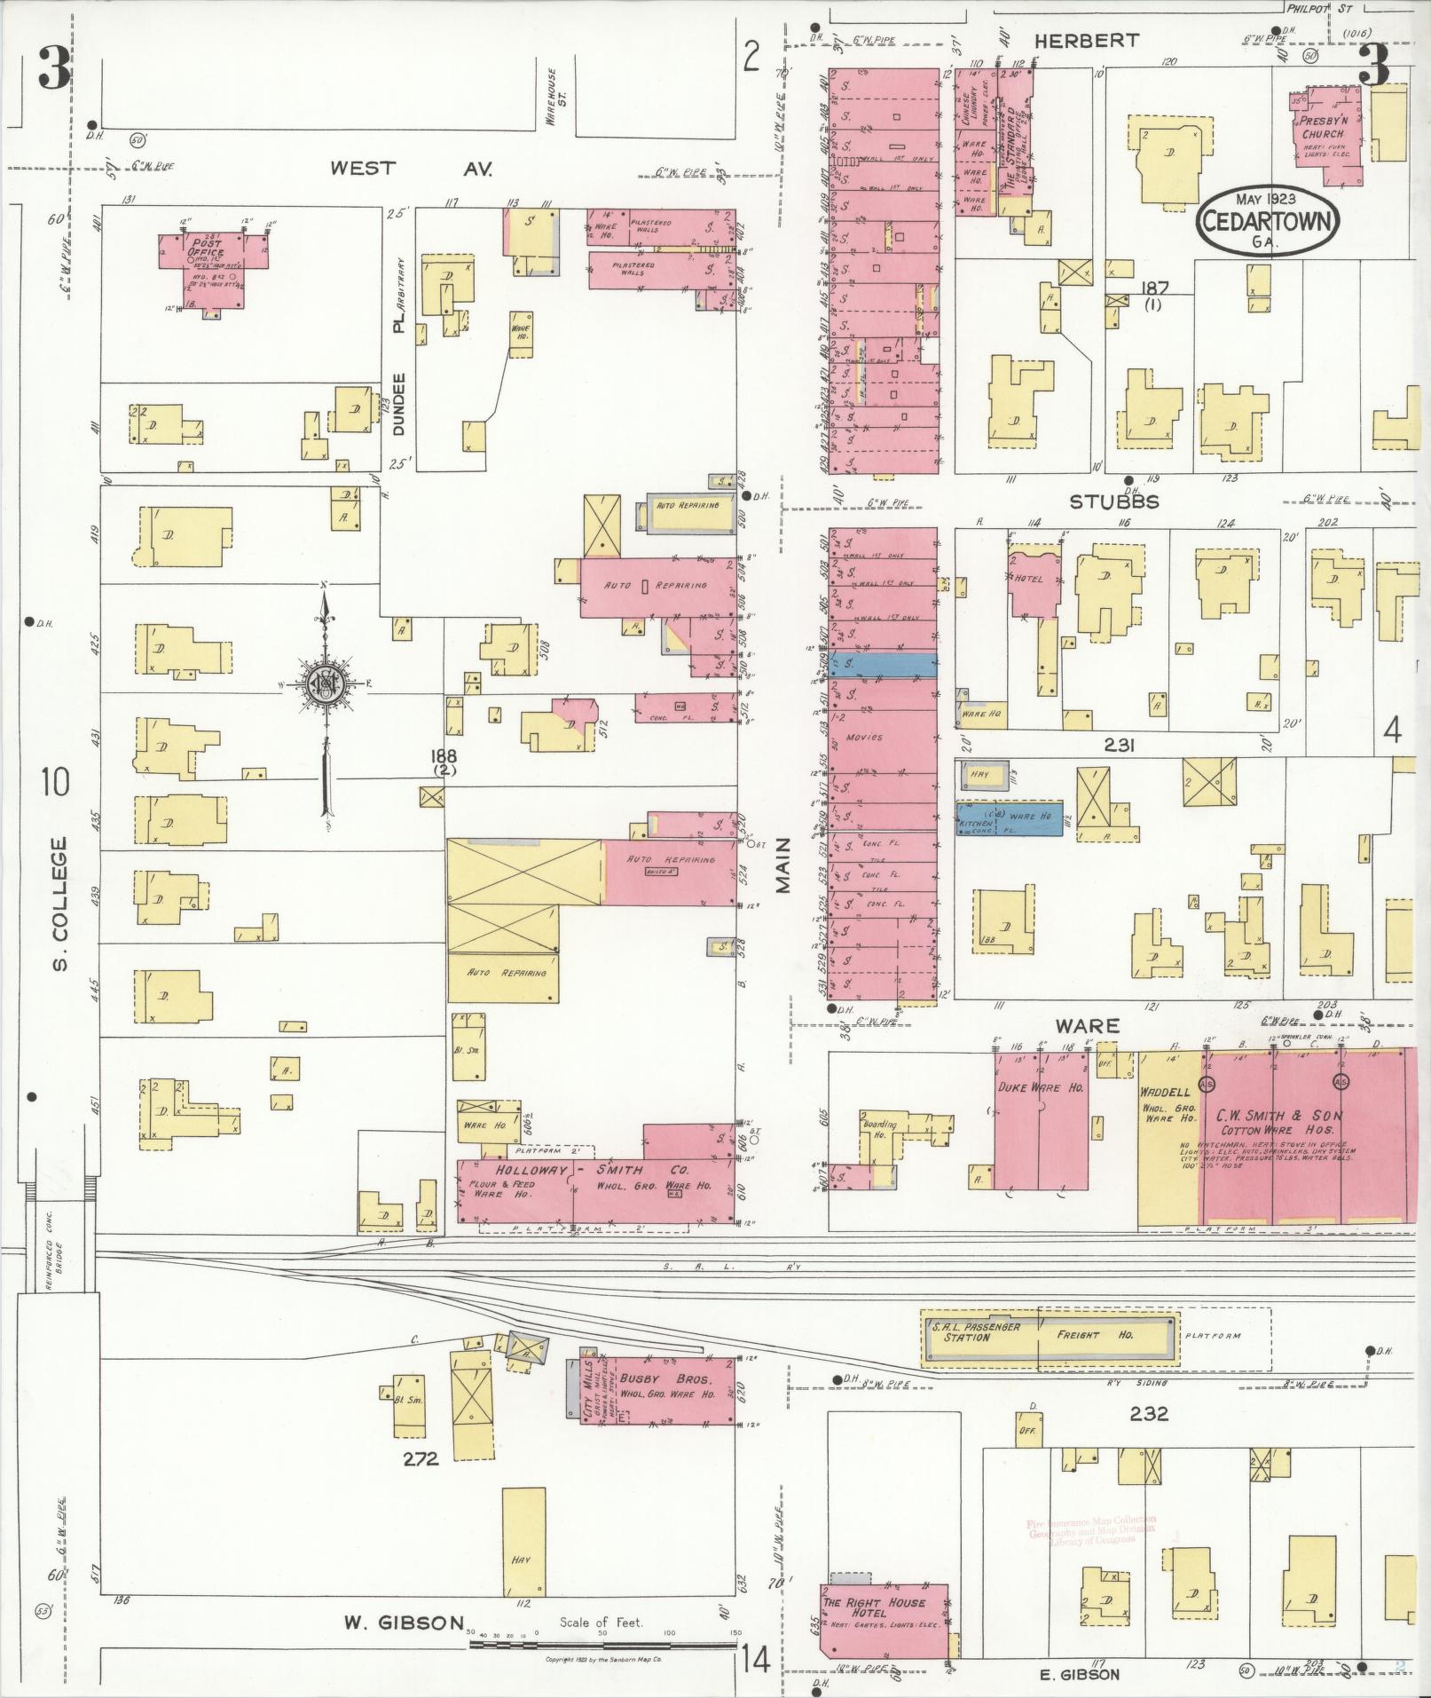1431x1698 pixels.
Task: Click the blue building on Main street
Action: coord(883,666)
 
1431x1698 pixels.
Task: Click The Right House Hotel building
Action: coord(883,1606)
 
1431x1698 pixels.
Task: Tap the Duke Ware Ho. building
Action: coord(1041,1120)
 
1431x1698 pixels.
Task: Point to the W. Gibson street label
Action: coord(404,1623)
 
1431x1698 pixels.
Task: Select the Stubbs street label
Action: coord(1113,502)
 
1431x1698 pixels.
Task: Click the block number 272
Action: coord(420,1457)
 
